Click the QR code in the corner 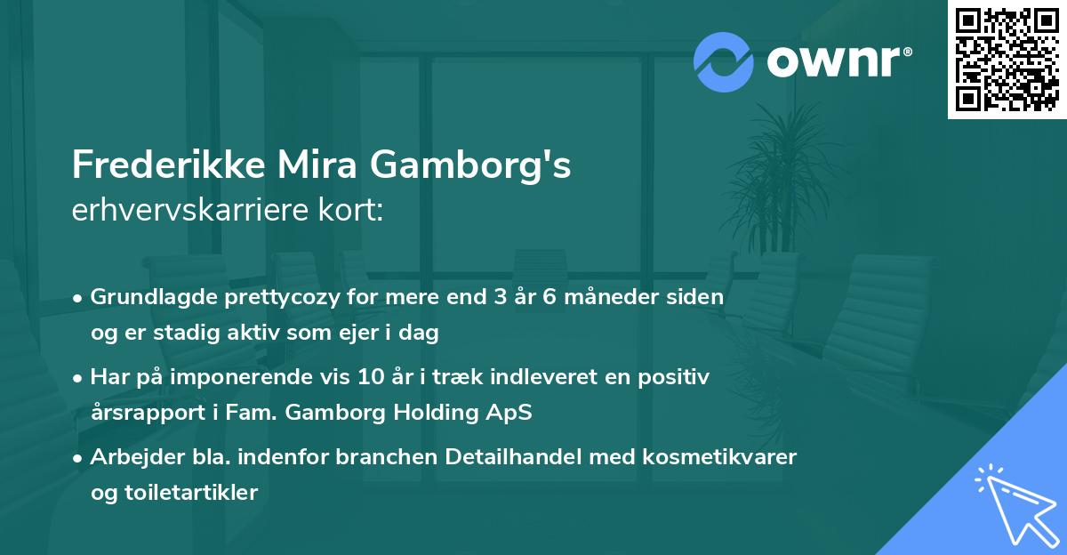pyautogui.click(x=1007, y=59)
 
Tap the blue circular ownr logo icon pyautogui.click(x=724, y=60)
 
